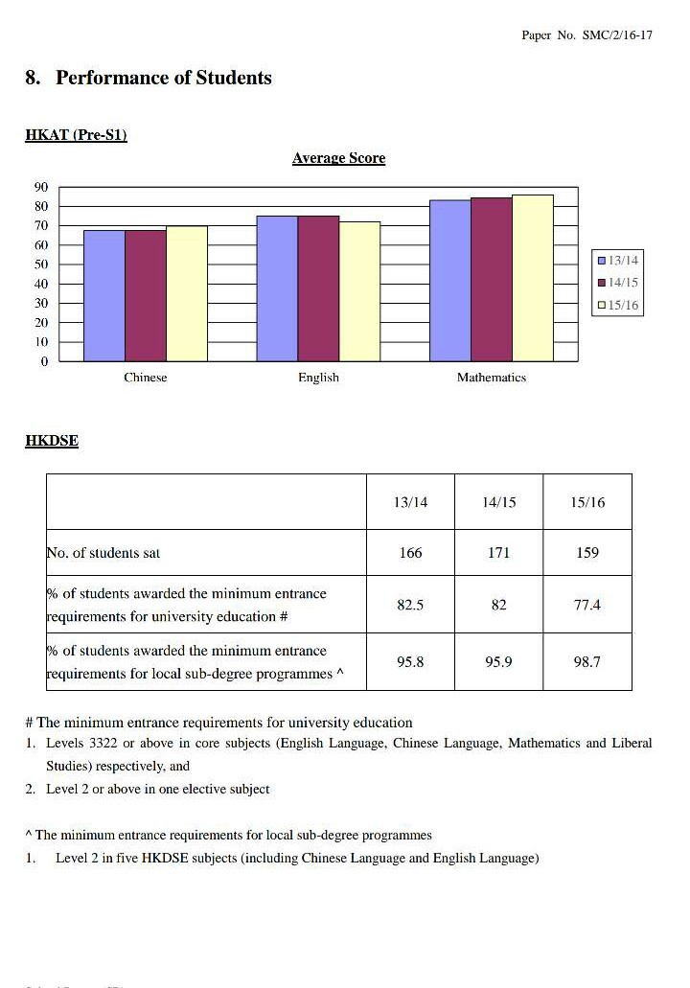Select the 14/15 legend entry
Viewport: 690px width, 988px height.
(x=618, y=283)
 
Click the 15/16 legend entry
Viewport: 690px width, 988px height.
(x=618, y=306)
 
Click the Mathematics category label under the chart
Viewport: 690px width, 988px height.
(x=491, y=378)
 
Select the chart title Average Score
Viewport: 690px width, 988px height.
(x=338, y=158)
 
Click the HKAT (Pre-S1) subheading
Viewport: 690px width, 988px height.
(x=76, y=135)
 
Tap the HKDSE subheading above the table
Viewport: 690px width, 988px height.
(x=52, y=441)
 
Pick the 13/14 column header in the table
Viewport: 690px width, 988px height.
(x=410, y=502)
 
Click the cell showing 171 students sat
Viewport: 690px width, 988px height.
(x=498, y=553)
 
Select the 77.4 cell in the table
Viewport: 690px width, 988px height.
(x=586, y=605)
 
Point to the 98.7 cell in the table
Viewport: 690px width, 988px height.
(x=586, y=662)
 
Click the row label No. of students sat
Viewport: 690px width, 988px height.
(x=109, y=553)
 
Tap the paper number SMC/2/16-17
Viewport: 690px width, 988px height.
(x=586, y=34)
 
